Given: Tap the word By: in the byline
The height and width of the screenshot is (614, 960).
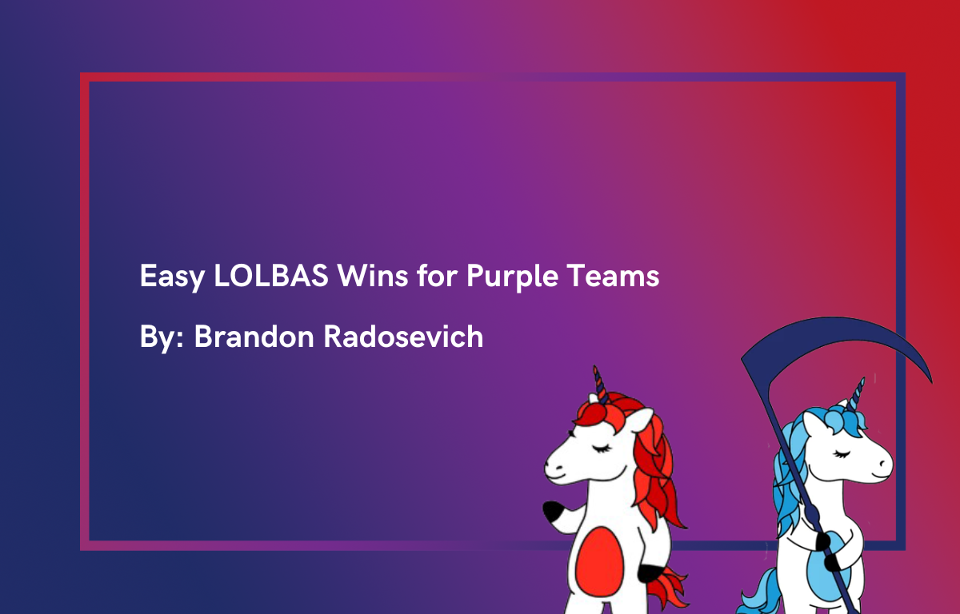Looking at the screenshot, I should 163,337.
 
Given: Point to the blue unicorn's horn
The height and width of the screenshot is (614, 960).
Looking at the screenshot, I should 858,393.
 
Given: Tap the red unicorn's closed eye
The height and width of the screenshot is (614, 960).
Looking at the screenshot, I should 598,448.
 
